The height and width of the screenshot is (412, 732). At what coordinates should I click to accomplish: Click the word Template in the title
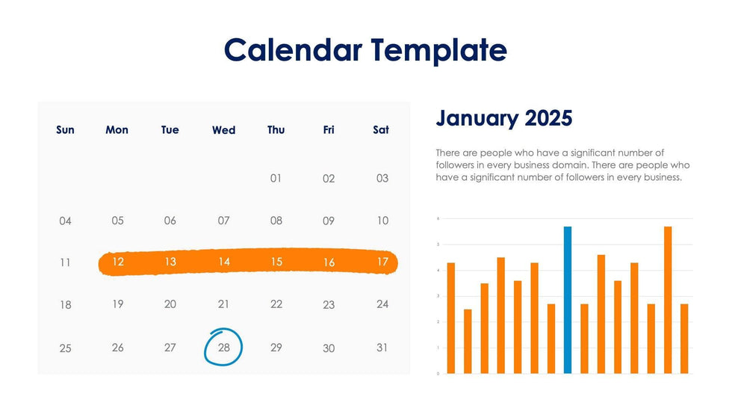(439, 50)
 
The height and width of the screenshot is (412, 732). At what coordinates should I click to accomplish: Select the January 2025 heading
(503, 118)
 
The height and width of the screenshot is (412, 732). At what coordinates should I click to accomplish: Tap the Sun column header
(65, 130)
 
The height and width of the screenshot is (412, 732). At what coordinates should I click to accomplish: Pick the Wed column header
(223, 130)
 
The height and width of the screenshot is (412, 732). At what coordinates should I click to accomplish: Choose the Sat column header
(381, 130)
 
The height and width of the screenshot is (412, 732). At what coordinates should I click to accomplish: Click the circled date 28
(223, 348)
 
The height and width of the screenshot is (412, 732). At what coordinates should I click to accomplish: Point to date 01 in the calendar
(276, 179)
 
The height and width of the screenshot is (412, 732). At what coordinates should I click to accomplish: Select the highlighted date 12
(117, 262)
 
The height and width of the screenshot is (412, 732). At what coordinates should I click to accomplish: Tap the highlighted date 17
(382, 262)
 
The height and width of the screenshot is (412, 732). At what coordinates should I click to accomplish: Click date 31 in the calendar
(382, 348)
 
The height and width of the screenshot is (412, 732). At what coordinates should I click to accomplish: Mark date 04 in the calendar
(65, 221)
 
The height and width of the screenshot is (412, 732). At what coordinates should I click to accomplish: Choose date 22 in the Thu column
(276, 304)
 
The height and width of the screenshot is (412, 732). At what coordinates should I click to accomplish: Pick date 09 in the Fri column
(329, 221)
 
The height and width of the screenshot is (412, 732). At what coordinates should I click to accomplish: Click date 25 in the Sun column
(65, 348)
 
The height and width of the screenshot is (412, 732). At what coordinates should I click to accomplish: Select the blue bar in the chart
(568, 299)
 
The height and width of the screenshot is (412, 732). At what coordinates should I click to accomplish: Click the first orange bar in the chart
(450, 318)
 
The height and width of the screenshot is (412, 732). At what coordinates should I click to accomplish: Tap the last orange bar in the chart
(684, 338)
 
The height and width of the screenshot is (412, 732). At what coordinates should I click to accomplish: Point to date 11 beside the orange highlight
(65, 262)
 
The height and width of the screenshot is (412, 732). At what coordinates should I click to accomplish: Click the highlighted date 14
(223, 262)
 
